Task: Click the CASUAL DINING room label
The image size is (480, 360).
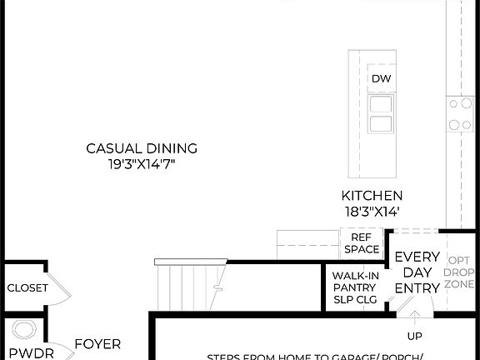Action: [x=142, y=148]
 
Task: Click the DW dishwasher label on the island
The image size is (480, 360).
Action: [x=381, y=79]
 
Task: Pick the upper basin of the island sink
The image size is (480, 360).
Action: [x=381, y=104]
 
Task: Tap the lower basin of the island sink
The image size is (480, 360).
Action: [x=381, y=123]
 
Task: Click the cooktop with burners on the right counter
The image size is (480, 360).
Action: [x=459, y=114]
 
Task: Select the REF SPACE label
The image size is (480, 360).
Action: [x=360, y=242]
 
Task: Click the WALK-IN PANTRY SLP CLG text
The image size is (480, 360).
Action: [x=355, y=287]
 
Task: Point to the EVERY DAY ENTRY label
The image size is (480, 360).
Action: [x=417, y=272]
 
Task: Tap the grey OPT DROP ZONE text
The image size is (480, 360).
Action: [x=459, y=272]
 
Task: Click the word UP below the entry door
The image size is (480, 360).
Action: [x=414, y=337]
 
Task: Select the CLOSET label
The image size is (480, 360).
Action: [x=27, y=288]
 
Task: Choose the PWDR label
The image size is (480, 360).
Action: [x=32, y=353]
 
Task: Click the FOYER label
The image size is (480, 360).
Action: [x=97, y=343]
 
